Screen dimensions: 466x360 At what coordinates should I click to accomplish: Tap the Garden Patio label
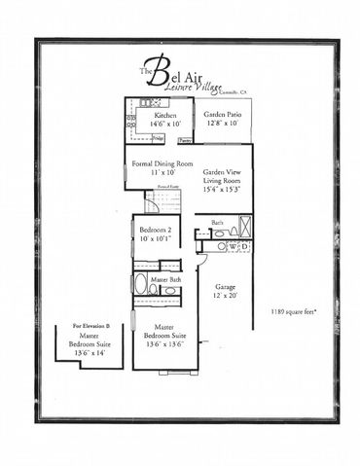(x=223, y=115)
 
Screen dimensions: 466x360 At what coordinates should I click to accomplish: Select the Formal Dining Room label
(x=162, y=163)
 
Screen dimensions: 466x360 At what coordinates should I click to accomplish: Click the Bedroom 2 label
(x=153, y=228)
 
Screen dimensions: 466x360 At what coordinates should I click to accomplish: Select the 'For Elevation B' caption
(x=92, y=326)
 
